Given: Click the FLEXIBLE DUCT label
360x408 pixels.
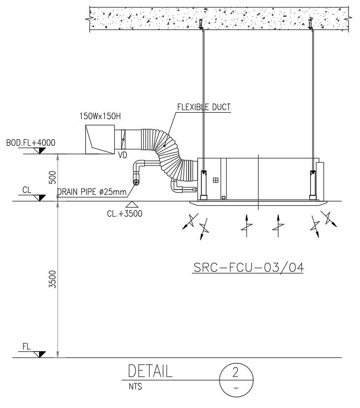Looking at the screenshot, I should (204, 107).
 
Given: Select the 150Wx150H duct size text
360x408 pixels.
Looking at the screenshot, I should (100, 117).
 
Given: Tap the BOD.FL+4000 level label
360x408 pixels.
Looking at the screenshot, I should (31, 143).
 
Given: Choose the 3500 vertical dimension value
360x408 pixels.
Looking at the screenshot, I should (53, 279).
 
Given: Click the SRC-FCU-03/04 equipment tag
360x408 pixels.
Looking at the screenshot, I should (248, 267).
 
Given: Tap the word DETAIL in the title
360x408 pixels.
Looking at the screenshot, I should (150, 371).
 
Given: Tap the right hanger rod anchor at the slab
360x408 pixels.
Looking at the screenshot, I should (311, 23).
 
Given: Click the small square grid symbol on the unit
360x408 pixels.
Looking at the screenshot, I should (215, 181).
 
